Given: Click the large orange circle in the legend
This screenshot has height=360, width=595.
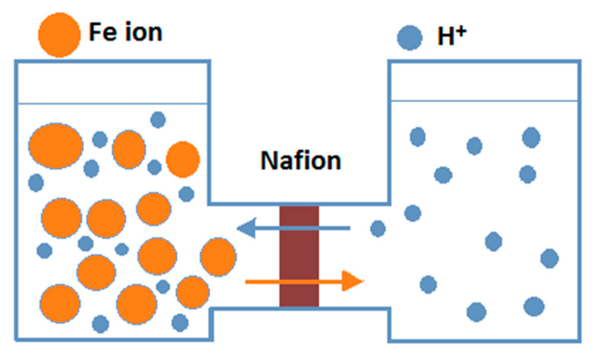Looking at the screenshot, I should click(59, 35).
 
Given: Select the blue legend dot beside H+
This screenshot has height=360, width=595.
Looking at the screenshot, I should click(409, 38).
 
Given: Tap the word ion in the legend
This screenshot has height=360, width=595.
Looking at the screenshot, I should click(143, 32).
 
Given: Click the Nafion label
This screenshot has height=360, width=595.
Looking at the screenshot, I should click(301, 160).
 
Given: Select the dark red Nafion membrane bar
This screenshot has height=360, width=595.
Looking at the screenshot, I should click(299, 256).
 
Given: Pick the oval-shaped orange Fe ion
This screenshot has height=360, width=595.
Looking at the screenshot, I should click(56, 146).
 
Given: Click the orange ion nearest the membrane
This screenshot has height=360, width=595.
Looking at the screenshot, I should click(218, 257).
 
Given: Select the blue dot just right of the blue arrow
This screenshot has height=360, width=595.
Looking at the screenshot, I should click(378, 229).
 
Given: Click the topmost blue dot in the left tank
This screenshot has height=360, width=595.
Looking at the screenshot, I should click(158, 120).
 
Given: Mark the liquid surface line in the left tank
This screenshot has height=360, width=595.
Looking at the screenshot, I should click(113, 103).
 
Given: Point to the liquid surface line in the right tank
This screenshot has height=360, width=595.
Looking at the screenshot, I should click(484, 101).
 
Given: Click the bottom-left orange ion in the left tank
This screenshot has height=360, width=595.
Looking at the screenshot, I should click(60, 304).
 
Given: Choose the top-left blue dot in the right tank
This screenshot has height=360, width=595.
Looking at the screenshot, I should click(417, 137).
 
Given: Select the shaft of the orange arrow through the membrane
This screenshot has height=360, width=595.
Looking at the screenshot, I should click(294, 282).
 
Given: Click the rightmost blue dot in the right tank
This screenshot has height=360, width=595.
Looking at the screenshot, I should click(550, 258).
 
